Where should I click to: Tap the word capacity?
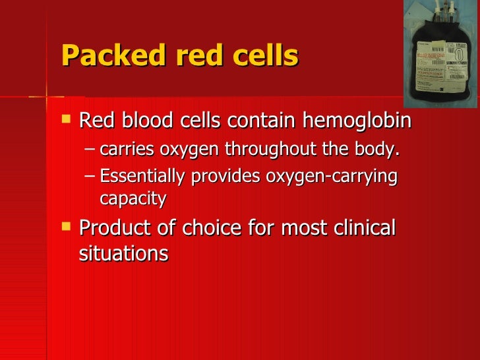[x=133, y=198]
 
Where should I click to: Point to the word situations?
[x=123, y=253]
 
